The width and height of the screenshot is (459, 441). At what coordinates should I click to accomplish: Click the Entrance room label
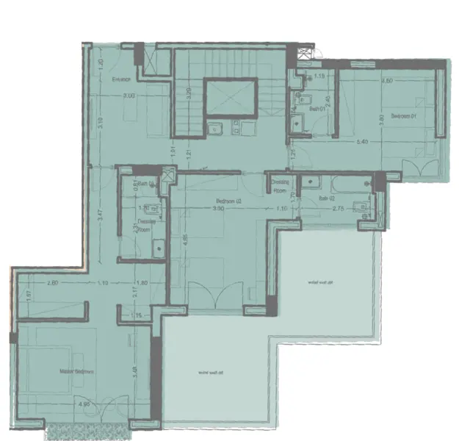pos(121,79)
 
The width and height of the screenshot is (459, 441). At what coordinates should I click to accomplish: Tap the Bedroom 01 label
pos(403,115)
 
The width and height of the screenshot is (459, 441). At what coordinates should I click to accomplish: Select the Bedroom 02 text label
pos(229,201)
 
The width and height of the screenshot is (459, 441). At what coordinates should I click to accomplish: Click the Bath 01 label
pos(317,109)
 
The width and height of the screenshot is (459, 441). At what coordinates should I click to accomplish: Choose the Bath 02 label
pos(328,198)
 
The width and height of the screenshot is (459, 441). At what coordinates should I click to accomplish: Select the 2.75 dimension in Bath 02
pos(339,209)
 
